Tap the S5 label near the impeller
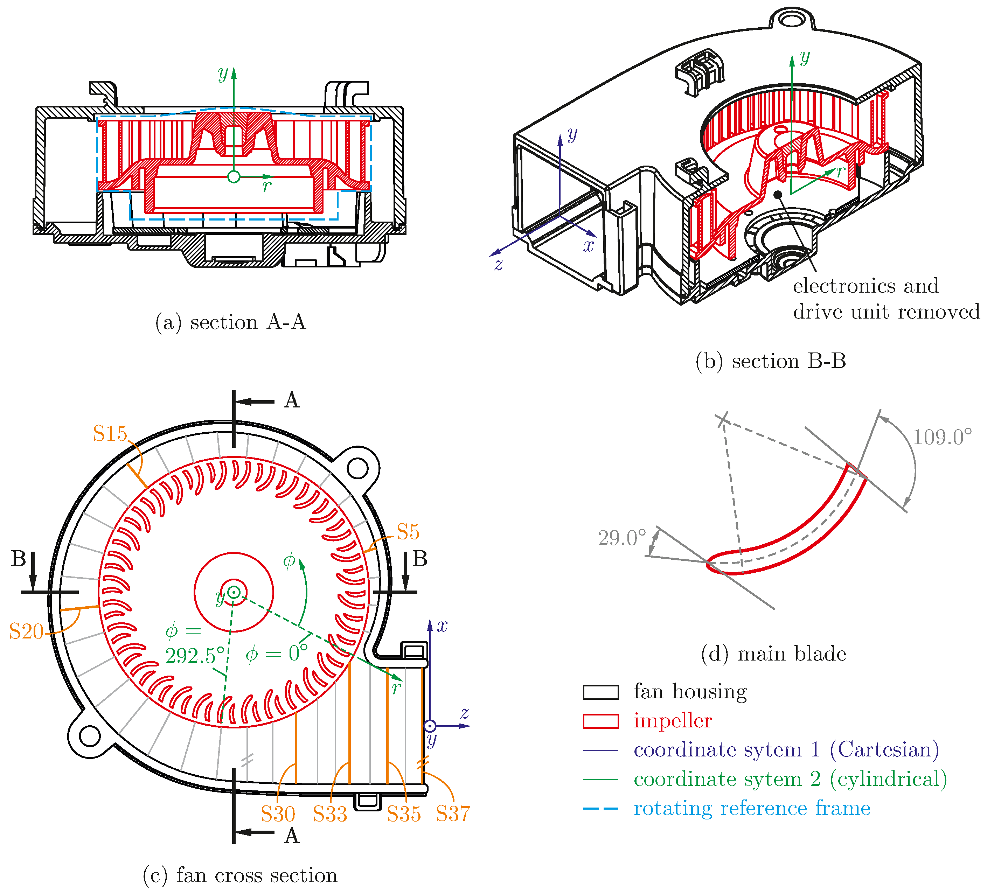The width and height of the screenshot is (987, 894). [408, 532]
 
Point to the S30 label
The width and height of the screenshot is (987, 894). [278, 814]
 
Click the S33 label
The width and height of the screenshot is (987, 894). [330, 814]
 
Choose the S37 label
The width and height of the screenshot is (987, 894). [453, 814]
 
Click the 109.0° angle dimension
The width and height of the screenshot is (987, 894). [942, 437]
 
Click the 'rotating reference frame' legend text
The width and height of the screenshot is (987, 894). [751, 808]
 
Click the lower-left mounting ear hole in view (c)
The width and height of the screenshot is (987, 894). [90, 736]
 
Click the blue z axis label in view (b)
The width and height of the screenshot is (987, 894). [498, 265]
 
